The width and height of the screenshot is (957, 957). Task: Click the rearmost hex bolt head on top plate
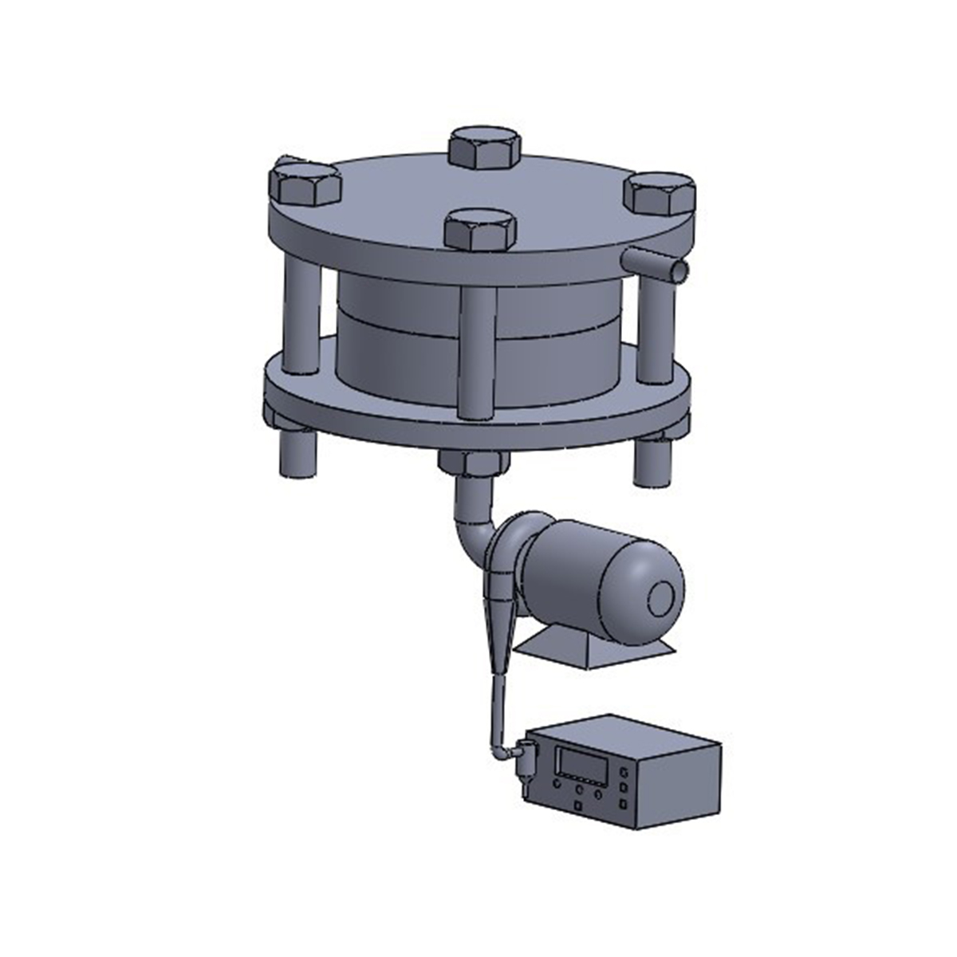(x=485, y=148)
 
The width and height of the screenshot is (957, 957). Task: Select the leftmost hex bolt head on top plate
(x=305, y=185)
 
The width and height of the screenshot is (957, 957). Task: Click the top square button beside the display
(x=624, y=771)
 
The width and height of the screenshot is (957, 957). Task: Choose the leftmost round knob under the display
(x=556, y=792)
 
